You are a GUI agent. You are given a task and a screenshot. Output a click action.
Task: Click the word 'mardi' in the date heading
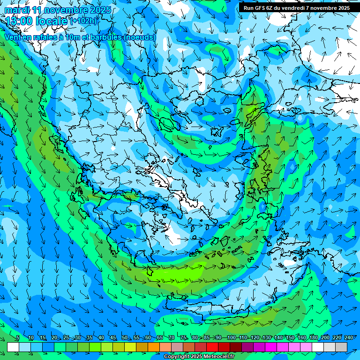[17, 10]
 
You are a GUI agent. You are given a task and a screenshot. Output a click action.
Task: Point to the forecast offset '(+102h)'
[83, 21]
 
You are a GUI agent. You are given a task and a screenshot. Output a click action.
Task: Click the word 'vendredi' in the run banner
[294, 8]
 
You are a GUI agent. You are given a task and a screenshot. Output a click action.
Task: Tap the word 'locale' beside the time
[52, 21]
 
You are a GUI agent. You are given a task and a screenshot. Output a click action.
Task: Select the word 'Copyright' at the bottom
[177, 357]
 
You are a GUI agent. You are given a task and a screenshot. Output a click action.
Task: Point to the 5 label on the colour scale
[18, 337]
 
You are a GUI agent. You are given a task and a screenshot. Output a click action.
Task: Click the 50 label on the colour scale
[124, 337]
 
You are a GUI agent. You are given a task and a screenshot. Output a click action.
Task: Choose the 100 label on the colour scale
[231, 337]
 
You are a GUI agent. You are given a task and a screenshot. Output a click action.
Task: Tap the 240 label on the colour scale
[349, 337]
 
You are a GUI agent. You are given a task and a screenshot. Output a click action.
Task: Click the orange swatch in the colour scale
[154, 347]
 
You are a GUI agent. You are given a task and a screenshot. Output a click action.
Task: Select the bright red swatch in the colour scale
[212, 347]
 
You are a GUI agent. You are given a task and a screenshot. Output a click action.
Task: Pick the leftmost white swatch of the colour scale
[13, 347]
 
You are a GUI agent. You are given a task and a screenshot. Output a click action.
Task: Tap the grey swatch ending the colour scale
[341, 347]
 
